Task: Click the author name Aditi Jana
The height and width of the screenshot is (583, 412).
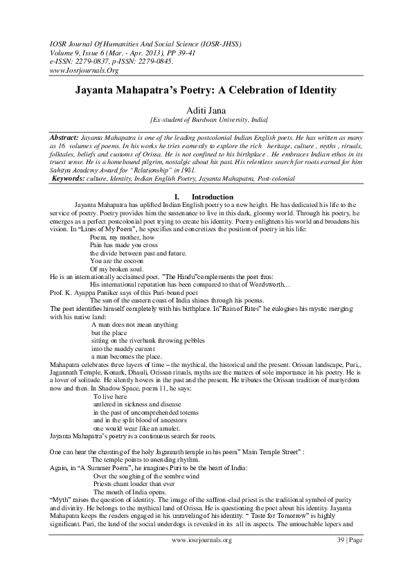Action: (x=206, y=110)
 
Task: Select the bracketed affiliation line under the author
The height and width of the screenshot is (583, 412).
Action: (x=206, y=120)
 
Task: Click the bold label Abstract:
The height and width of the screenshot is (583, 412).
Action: (x=64, y=138)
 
